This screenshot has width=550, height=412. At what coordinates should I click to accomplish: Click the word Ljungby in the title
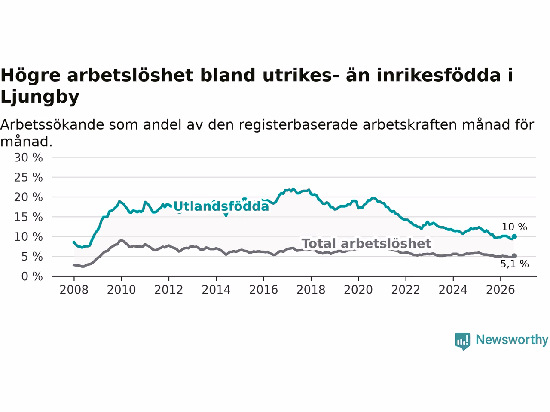tap(40, 97)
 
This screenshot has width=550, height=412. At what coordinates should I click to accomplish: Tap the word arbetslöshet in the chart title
tap(130, 75)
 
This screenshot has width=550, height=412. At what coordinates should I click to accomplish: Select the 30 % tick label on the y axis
tap(28, 158)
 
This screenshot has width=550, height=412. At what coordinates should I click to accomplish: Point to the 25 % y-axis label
tap(28, 177)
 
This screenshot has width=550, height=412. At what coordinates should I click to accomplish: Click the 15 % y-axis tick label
tap(28, 217)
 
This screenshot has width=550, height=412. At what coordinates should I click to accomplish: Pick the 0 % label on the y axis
tap(32, 276)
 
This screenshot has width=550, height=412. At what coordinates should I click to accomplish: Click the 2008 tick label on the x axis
tap(74, 290)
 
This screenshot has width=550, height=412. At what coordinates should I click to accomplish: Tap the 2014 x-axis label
tap(216, 290)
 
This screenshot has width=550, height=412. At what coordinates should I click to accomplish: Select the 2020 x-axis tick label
tap(358, 290)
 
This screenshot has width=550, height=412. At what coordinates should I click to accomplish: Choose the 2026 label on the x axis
tap(501, 290)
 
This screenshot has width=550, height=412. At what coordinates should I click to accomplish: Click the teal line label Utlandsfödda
tap(221, 206)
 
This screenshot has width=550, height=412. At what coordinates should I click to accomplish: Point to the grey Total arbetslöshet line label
tap(367, 243)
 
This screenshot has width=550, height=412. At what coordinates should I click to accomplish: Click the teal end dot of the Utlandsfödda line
tap(514, 236)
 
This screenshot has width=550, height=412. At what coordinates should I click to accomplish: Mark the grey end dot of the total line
tap(514, 256)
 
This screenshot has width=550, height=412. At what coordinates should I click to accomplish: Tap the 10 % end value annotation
tap(514, 227)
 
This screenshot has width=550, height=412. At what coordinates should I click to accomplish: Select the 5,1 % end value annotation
tap(514, 264)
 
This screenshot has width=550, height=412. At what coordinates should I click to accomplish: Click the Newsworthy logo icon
tap(462, 341)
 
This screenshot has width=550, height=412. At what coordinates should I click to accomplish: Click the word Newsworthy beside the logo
tap(512, 340)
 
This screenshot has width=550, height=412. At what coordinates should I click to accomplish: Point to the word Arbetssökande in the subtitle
tap(52, 124)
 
